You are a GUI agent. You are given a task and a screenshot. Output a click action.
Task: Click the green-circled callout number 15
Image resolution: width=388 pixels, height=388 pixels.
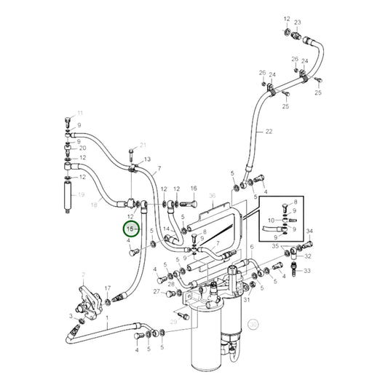pyautogui.click(x=131, y=229)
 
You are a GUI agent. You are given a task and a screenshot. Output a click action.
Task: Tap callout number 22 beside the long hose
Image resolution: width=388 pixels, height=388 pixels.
pyautogui.click(x=269, y=132)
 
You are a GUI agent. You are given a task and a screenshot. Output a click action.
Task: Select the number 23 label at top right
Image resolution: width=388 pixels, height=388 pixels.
pyautogui.click(x=297, y=23)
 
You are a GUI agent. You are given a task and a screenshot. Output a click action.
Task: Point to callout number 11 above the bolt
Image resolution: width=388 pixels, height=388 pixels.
pyautogui.click(x=80, y=113)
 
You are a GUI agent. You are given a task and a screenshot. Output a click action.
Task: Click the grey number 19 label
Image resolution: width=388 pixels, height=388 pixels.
pyautogui.click(x=82, y=195)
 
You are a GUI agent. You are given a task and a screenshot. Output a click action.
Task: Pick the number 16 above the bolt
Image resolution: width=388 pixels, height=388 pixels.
pyautogui.click(x=194, y=189)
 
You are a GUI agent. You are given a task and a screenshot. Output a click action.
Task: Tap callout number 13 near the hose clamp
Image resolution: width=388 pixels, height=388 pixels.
pyautogui.click(x=146, y=159)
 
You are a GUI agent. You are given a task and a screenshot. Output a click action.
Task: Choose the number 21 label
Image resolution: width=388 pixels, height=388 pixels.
pyautogui.click(x=143, y=145)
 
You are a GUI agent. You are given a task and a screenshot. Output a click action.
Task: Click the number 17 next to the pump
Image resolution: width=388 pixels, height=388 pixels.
pyautogui.click(x=107, y=289)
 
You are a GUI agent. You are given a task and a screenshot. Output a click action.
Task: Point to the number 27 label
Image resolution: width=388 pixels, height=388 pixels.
pyautogui.click(x=157, y=292)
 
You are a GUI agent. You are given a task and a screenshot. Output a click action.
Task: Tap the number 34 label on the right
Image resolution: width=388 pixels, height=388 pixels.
pyautogui.click(x=309, y=231)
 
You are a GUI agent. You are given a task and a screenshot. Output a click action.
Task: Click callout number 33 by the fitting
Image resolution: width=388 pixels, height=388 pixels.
pyautogui.click(x=307, y=271)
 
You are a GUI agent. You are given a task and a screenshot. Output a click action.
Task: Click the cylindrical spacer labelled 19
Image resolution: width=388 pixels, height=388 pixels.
pyautogui.click(x=68, y=195)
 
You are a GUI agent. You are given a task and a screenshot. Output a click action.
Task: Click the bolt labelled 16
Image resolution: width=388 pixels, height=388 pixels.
pyautogui.click(x=193, y=205)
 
